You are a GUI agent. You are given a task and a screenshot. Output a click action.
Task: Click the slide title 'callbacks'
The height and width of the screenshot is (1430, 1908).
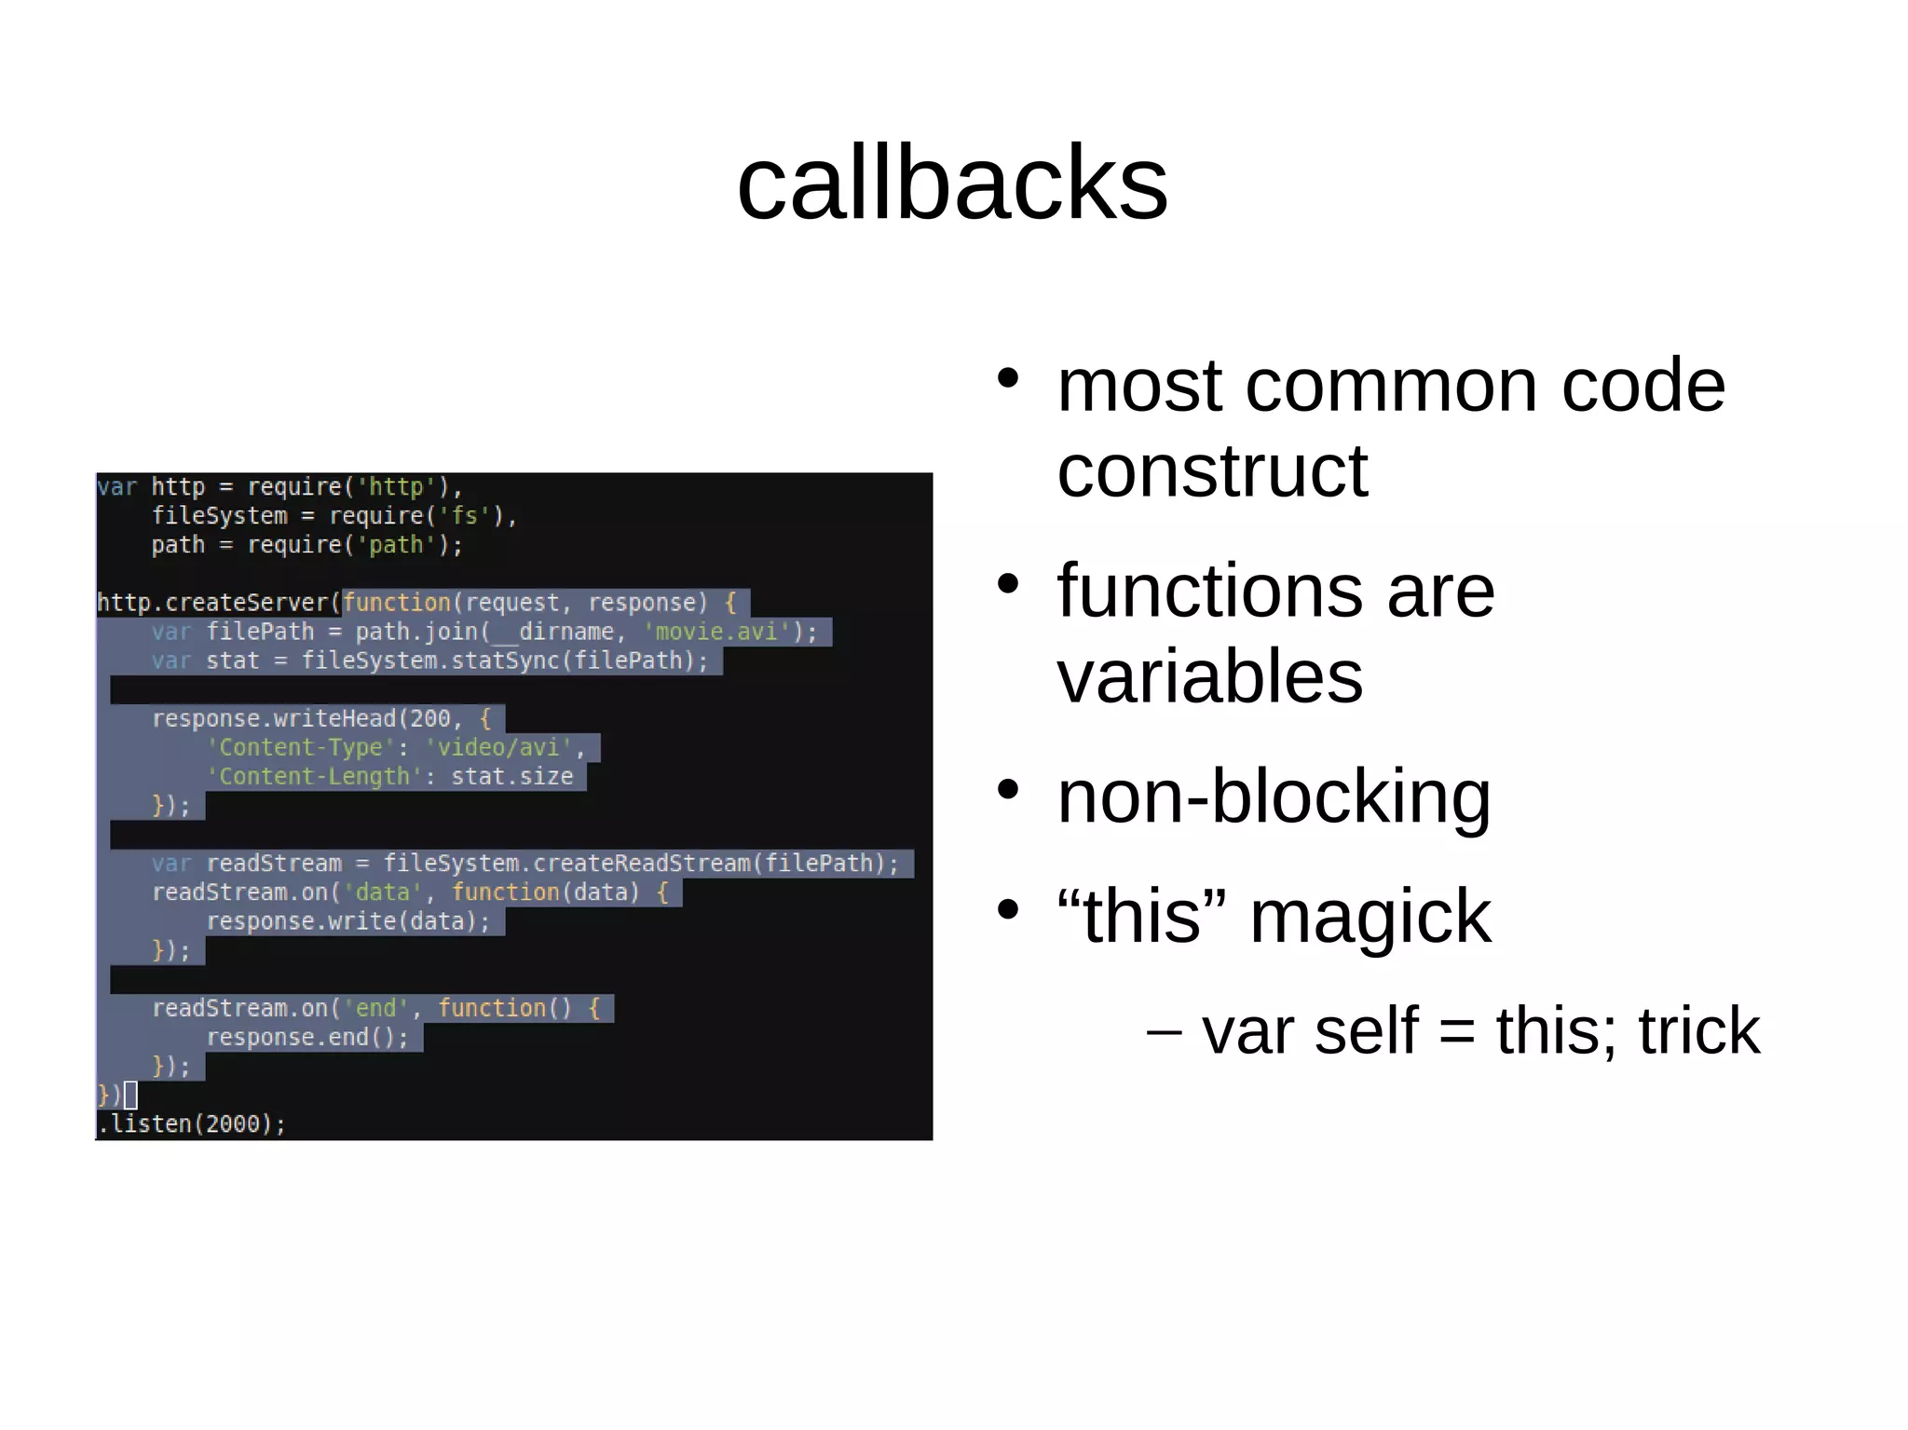(952, 183)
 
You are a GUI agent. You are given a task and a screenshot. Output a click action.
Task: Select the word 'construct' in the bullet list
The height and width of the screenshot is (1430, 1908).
(1212, 470)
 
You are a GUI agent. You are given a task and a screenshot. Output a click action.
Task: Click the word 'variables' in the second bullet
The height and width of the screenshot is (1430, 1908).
(1209, 675)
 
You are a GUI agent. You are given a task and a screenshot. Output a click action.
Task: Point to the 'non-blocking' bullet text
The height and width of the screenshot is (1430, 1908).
(1274, 797)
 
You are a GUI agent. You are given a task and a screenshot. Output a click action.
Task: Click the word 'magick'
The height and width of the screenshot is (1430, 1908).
(1370, 917)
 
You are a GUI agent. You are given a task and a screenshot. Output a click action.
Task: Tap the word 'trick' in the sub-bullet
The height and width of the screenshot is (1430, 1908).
(1698, 1031)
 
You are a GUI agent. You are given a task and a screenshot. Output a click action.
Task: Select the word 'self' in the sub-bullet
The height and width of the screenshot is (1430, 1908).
(1366, 1031)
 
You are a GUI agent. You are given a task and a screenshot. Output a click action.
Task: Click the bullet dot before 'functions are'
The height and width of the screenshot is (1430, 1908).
(1008, 584)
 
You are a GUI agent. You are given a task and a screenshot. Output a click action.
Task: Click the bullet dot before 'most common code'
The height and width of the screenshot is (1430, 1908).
(1008, 378)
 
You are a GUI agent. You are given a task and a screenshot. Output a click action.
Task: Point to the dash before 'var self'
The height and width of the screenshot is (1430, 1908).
(1164, 1031)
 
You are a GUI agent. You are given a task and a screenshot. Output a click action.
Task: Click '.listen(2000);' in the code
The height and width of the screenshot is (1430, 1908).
(192, 1124)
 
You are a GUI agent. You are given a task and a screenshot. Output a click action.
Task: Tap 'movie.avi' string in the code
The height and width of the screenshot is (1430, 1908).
(716, 632)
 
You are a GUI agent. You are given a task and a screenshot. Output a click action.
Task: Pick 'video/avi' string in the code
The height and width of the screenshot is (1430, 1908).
(498, 747)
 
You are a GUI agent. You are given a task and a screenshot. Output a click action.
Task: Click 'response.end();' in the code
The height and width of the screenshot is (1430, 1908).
(307, 1037)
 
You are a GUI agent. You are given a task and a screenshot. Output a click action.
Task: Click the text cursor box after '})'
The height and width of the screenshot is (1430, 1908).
(130, 1095)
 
